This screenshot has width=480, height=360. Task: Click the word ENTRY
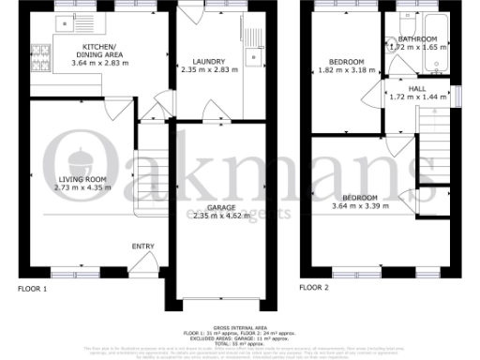point(142,247)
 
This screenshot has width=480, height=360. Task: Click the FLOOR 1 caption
point(32,289)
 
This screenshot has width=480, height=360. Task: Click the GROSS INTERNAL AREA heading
point(240,328)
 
